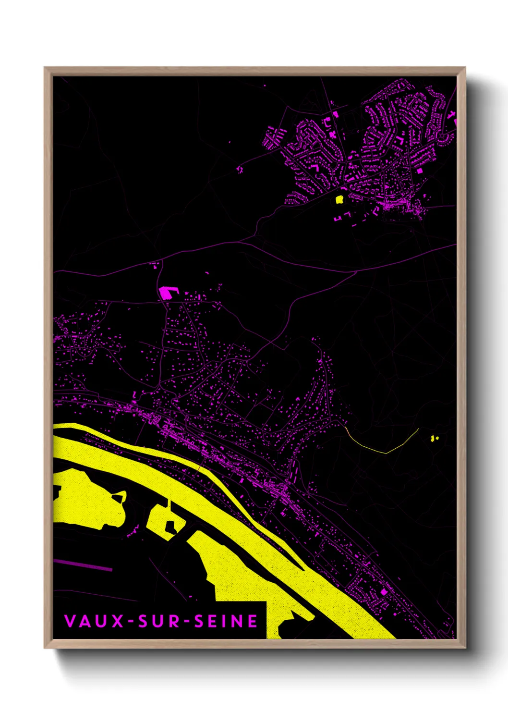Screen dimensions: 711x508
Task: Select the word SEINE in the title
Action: (x=226, y=621)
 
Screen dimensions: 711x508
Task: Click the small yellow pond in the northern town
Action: (x=339, y=199)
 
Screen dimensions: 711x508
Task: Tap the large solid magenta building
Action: (x=166, y=293)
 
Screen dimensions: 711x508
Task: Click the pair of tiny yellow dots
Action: (x=435, y=438)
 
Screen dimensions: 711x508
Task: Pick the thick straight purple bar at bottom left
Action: (x=83, y=565)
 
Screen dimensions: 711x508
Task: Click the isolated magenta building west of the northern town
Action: (x=240, y=169)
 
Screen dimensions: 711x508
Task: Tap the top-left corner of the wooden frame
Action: (x=45, y=68)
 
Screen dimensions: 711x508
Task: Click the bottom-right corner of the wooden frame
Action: (x=465, y=648)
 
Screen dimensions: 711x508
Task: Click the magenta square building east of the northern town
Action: (x=420, y=171)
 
